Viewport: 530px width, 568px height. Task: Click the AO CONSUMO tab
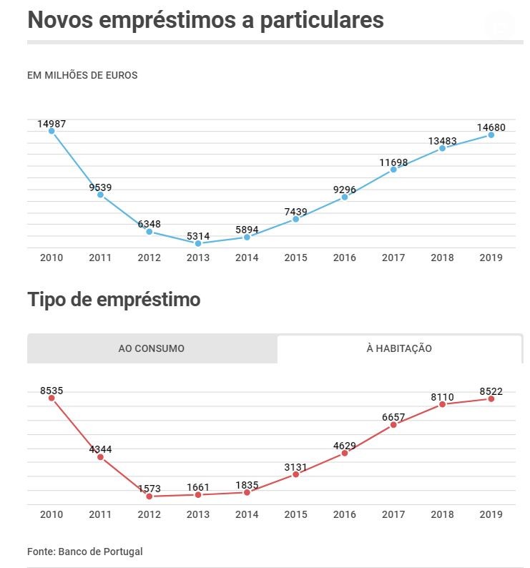[151, 348]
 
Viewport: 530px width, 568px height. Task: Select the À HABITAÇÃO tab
[399, 348]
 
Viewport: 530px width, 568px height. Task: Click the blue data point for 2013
[198, 243]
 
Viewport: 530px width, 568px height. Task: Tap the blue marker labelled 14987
[51, 130]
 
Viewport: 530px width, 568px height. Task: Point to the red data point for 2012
[149, 496]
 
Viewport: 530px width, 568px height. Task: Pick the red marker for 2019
[491, 398]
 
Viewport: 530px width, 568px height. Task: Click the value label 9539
[100, 187]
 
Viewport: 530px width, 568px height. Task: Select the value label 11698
[393, 162]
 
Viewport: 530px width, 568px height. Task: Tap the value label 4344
[100, 449]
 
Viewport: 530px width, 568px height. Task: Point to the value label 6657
[393, 417]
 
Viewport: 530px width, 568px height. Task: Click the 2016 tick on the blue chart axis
[344, 258]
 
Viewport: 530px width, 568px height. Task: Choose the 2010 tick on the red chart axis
[51, 514]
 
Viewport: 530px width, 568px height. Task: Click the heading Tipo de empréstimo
[114, 300]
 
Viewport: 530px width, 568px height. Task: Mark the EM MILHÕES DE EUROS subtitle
[82, 75]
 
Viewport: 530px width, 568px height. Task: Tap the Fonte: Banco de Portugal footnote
[85, 552]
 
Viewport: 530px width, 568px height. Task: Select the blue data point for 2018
[443, 148]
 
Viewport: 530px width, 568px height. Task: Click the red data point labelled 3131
[295, 474]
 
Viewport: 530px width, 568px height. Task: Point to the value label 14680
[491, 127]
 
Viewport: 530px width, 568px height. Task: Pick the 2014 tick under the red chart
[247, 514]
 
